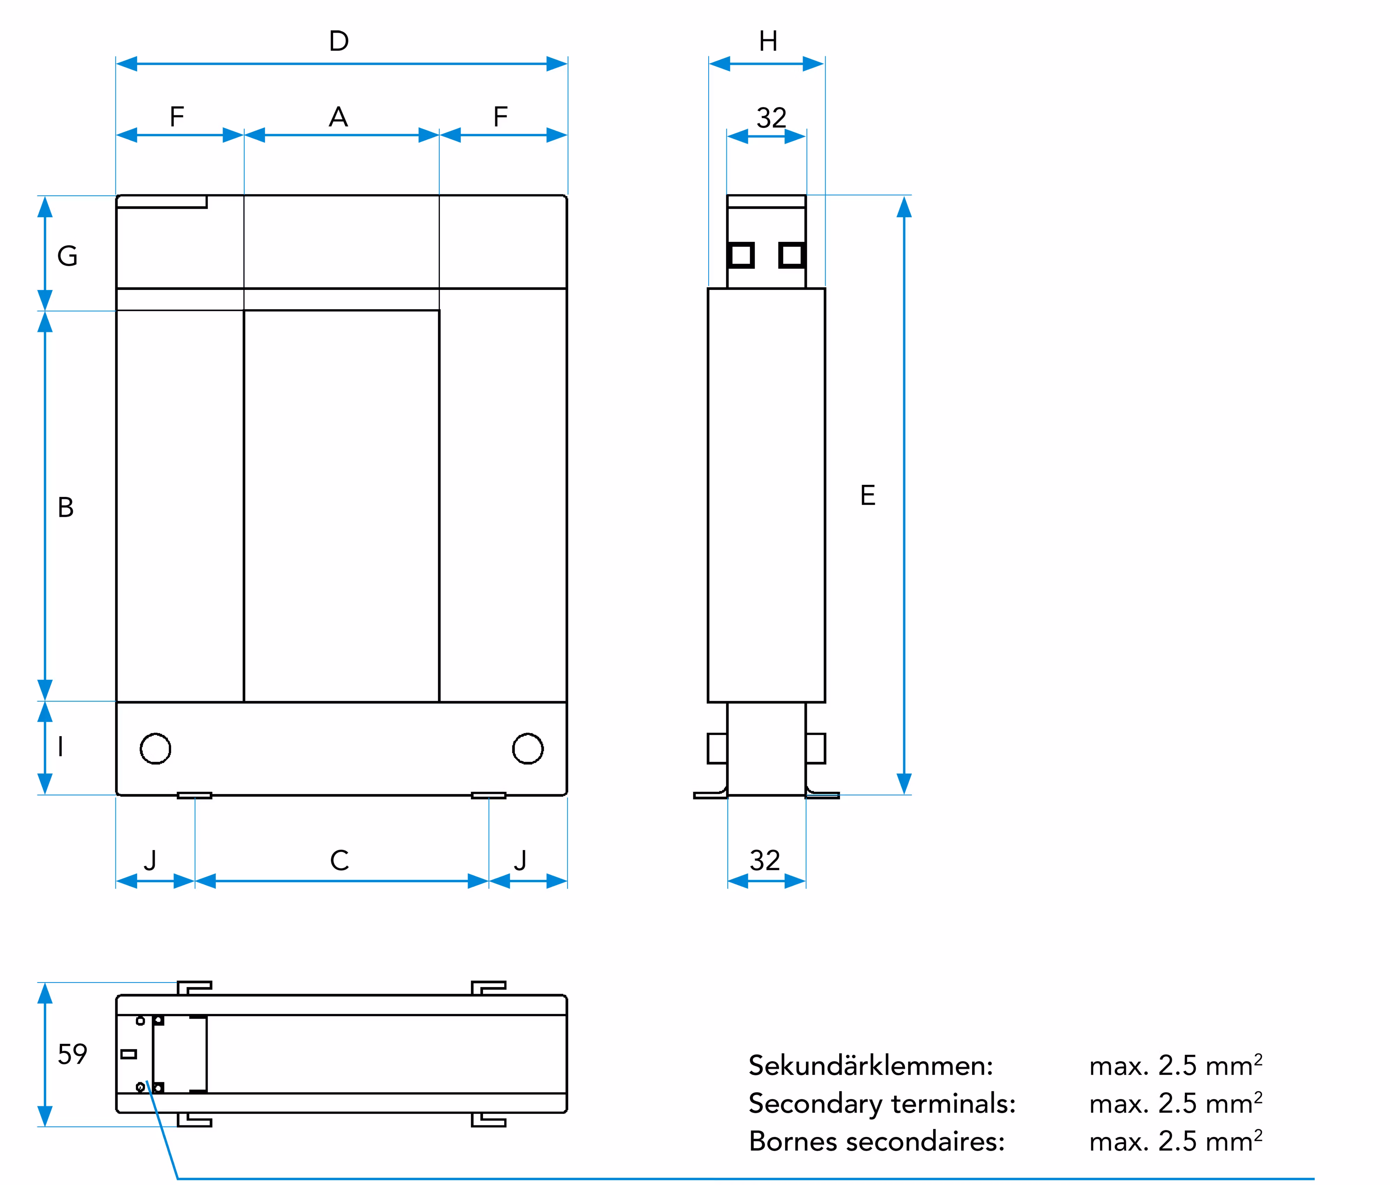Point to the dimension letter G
[x=67, y=256]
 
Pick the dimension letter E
[x=868, y=495]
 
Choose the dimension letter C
[x=339, y=860]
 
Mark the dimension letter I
[x=60, y=746]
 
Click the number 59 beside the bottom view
[x=72, y=1054]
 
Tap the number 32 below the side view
[x=765, y=860]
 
